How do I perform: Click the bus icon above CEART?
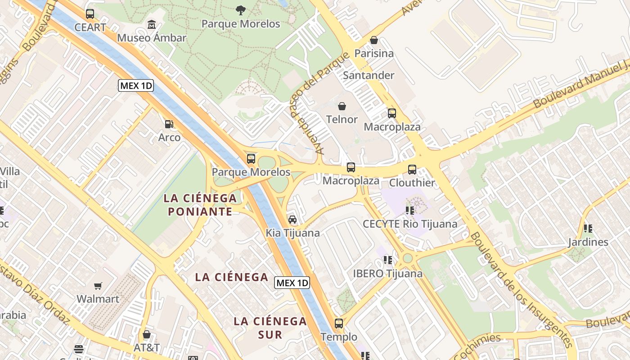pos(90,14)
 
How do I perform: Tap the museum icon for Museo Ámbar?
pos(152,24)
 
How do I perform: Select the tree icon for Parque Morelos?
pos(241,10)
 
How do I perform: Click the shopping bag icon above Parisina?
pos(373,40)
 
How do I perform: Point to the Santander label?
pos(369,75)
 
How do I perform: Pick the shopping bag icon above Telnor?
pos(342,106)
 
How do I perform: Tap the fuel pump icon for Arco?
pos(169,124)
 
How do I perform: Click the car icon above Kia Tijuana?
pos(292,220)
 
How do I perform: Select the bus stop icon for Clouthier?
pos(412,170)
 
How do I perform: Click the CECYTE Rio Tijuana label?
pos(410,224)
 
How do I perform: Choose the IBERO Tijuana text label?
pos(387,273)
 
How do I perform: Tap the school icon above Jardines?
pos(588,229)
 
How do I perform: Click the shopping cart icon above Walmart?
pos(98,286)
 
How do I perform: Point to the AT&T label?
pos(147,347)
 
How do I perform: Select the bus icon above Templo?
pos(339,324)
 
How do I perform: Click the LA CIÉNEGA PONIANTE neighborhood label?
pos(200,204)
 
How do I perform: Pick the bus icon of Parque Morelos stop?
pos(251,159)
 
